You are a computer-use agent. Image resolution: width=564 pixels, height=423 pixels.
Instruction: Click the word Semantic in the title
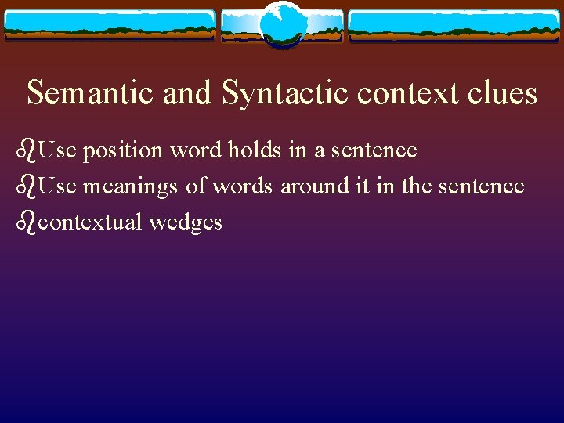coord(92,93)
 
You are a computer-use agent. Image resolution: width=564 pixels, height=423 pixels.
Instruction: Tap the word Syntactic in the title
coord(284,93)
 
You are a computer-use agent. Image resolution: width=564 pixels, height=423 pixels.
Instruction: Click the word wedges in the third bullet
coord(186,223)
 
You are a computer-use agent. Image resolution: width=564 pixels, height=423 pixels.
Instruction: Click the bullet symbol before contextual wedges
coord(26,222)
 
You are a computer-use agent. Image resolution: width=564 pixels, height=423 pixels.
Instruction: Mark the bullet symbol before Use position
coord(26,149)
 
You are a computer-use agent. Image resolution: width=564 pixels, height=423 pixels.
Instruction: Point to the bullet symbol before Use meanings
coord(26,186)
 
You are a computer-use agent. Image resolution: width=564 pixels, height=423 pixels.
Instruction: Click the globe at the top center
coord(281,24)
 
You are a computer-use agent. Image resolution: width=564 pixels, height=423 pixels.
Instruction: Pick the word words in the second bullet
coord(243,186)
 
